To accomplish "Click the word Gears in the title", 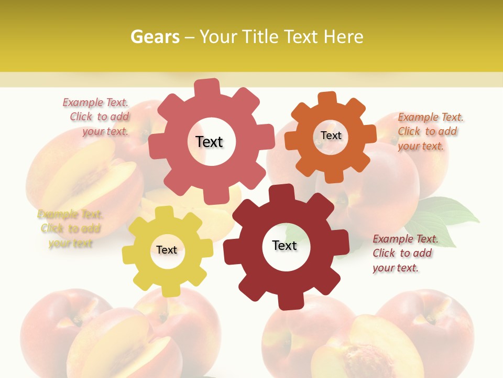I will click(x=154, y=37).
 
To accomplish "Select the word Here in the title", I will click(x=343, y=37).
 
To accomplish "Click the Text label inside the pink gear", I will click(x=209, y=142).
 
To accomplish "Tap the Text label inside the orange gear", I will click(x=331, y=135).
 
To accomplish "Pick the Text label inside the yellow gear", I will click(x=167, y=250).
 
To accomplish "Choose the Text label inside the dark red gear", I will click(x=285, y=245).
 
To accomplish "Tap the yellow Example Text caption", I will click(x=70, y=228).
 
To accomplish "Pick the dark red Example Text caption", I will click(x=404, y=253).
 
